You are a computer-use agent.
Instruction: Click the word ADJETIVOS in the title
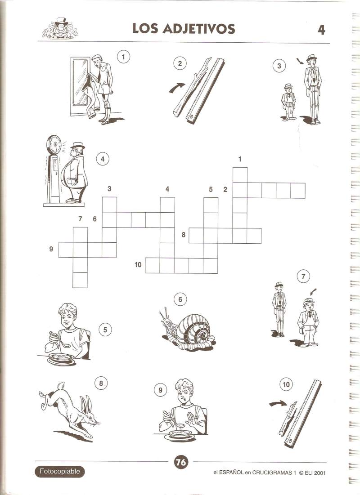click(x=199, y=29)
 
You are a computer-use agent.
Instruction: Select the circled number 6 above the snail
click(x=180, y=299)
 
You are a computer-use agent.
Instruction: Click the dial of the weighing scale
click(x=54, y=145)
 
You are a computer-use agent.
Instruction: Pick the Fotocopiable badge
click(x=60, y=472)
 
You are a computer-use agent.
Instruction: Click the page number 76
click(x=181, y=463)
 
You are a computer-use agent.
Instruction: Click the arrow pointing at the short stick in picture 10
click(x=278, y=404)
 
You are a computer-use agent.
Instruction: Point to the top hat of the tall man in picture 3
click(x=312, y=58)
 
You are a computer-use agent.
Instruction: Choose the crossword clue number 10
click(x=138, y=264)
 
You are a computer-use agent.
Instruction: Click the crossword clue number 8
click(x=183, y=235)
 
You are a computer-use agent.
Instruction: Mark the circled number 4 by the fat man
click(x=103, y=159)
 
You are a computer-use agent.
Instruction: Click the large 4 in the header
click(x=321, y=30)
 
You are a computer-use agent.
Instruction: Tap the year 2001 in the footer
click(x=320, y=473)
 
